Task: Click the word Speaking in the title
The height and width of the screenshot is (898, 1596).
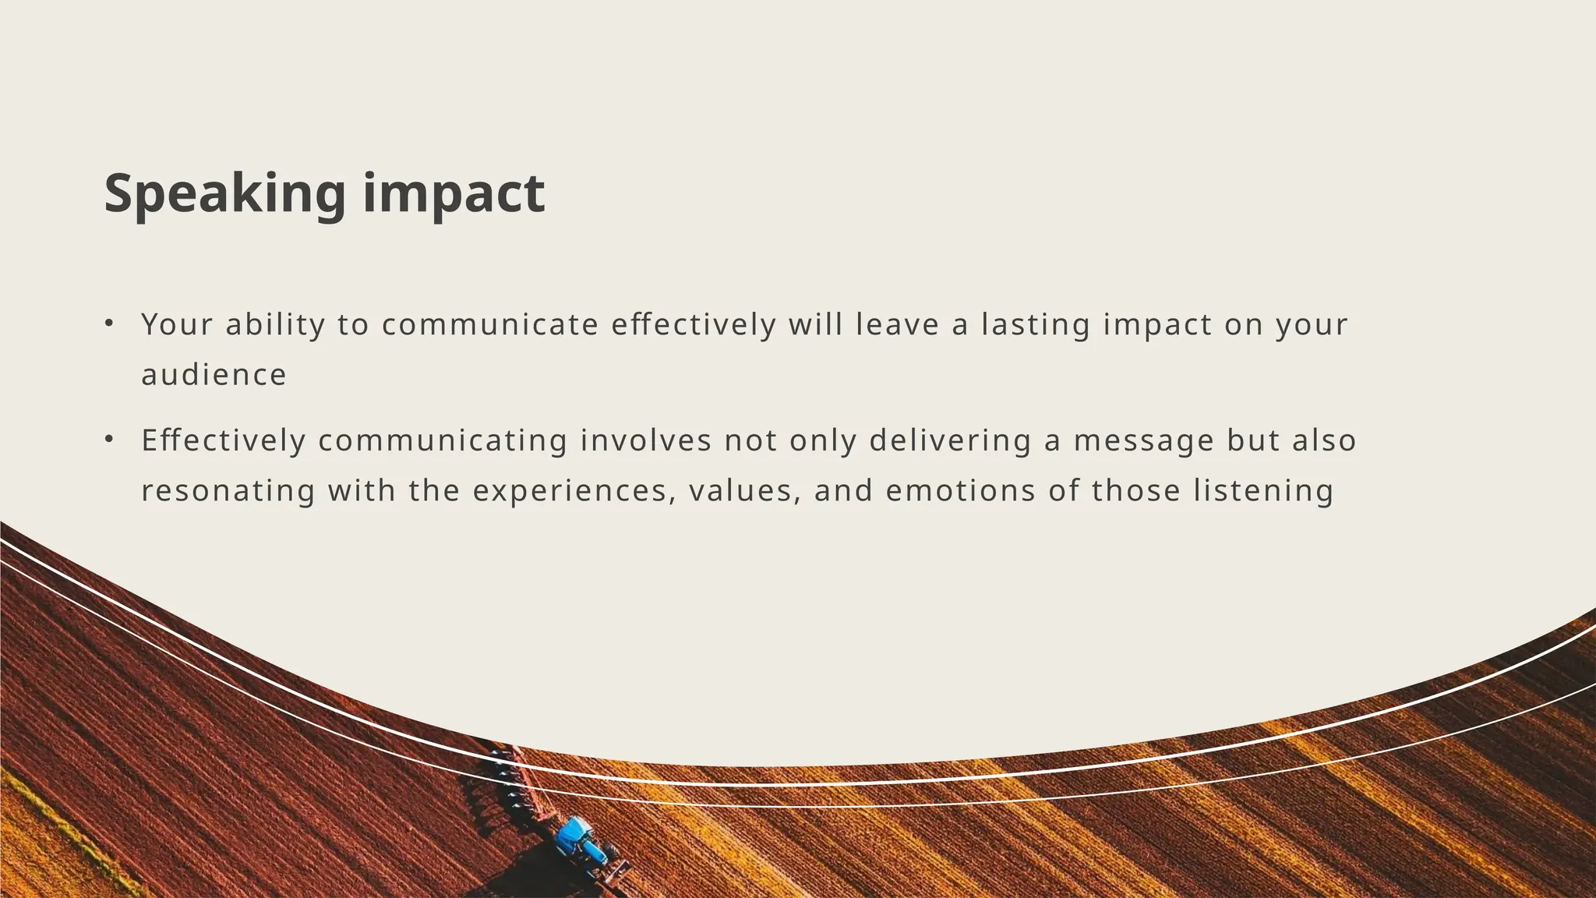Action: (x=224, y=193)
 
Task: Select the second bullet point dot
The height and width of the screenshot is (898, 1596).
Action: (x=109, y=440)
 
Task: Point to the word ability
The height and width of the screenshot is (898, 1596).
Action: (x=275, y=324)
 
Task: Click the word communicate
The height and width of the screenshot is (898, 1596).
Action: (x=490, y=324)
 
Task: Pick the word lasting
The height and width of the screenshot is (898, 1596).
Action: (x=1036, y=324)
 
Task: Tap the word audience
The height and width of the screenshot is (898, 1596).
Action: (x=214, y=375)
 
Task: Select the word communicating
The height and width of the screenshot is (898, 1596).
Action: (x=443, y=441)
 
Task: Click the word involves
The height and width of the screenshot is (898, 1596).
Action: (x=646, y=441)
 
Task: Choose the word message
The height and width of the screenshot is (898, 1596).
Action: (x=1144, y=441)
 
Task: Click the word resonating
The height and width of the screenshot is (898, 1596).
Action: (x=228, y=491)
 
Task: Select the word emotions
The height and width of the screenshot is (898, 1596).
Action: (x=961, y=491)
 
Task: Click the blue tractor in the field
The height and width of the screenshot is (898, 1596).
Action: (x=583, y=840)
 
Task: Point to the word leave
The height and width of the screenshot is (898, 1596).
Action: (x=898, y=324)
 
